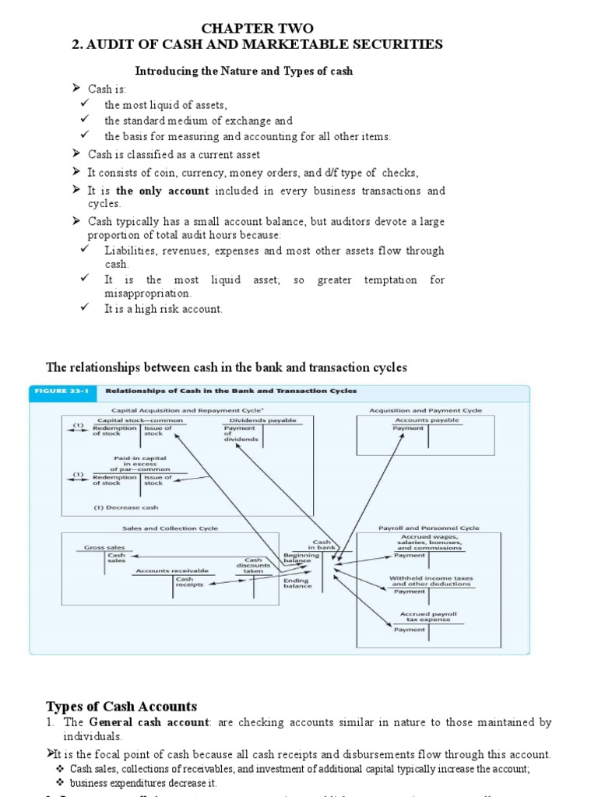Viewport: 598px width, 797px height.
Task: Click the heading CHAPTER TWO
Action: click(x=256, y=28)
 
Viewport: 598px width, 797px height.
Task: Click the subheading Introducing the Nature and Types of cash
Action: click(x=244, y=71)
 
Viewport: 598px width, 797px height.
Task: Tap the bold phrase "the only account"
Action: click(x=163, y=191)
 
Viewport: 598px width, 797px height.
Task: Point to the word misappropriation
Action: click(x=147, y=293)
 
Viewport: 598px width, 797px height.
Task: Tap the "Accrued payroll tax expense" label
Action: click(x=429, y=617)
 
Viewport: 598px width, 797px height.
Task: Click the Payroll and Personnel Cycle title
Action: click(x=429, y=528)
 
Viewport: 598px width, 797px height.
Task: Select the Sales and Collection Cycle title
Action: click(x=171, y=528)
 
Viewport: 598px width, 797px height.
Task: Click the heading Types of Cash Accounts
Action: click(x=121, y=707)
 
